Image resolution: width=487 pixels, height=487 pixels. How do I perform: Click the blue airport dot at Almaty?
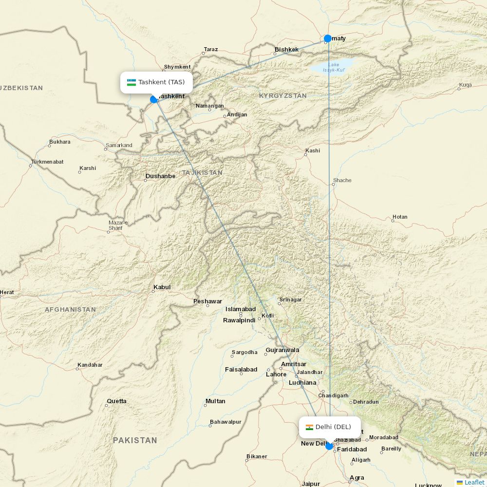(328, 38)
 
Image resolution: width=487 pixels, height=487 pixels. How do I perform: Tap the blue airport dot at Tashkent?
(154, 99)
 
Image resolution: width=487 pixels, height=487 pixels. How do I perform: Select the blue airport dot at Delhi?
(329, 446)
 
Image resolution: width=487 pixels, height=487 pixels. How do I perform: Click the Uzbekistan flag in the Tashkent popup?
(131, 82)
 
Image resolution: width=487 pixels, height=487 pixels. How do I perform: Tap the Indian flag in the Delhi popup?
(309, 427)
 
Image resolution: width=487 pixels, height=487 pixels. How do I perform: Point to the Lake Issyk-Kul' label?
(334, 67)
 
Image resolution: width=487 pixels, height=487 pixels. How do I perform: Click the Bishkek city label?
(286, 50)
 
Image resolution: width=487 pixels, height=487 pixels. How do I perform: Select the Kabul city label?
(162, 287)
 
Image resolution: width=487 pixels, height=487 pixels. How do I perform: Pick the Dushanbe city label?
(160, 176)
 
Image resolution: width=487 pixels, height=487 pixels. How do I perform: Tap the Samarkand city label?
(119, 146)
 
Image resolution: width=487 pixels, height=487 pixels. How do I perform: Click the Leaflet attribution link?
(474, 482)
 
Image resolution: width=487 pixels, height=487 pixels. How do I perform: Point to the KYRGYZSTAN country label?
(282, 96)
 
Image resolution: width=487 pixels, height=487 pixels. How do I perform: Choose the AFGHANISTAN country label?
(70, 309)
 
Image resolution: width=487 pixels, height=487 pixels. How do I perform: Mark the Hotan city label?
(400, 217)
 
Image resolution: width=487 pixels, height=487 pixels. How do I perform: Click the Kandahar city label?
(90, 365)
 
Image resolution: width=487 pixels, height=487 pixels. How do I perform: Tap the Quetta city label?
(116, 401)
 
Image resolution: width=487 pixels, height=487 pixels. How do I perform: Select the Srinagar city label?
(290, 300)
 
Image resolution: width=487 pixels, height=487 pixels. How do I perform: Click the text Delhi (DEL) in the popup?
(333, 427)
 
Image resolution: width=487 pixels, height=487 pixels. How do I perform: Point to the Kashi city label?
(313, 150)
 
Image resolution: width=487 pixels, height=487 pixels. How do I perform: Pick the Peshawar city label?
(207, 301)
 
